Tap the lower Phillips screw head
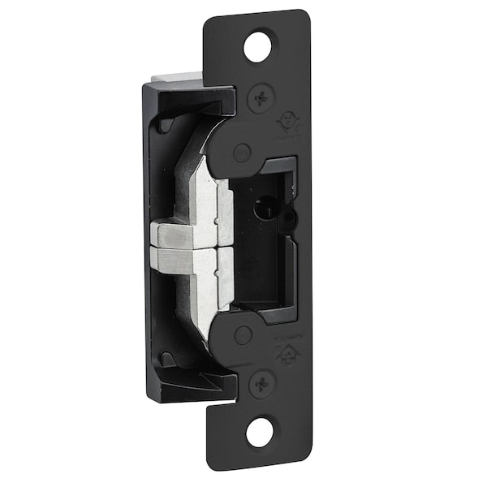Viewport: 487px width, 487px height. pyautogui.click(x=262, y=382)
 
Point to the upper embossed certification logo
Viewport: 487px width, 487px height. pyautogui.click(x=288, y=123)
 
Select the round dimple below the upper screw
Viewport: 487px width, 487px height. pyautogui.click(x=242, y=152)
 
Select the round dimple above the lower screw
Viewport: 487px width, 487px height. pyautogui.click(x=242, y=334)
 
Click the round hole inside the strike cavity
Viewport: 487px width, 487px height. pyautogui.click(x=264, y=208)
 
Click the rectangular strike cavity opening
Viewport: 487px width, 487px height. pyautogui.click(x=260, y=243)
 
